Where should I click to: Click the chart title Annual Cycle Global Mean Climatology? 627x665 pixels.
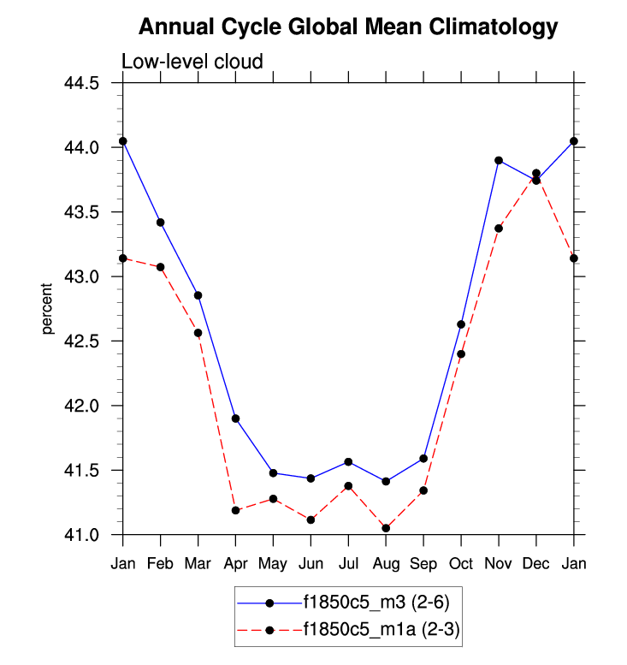347,27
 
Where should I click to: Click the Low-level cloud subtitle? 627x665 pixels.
192,62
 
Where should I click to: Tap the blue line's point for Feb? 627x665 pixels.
161,223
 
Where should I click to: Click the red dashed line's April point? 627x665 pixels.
235,510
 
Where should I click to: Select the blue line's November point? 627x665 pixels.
499,160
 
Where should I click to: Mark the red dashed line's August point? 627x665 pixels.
386,528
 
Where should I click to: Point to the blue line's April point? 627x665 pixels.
235,419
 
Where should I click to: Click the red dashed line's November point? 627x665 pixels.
499,228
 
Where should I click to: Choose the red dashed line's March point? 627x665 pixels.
198,333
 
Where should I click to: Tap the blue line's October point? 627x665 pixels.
461,324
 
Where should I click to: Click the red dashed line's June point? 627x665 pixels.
311,520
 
